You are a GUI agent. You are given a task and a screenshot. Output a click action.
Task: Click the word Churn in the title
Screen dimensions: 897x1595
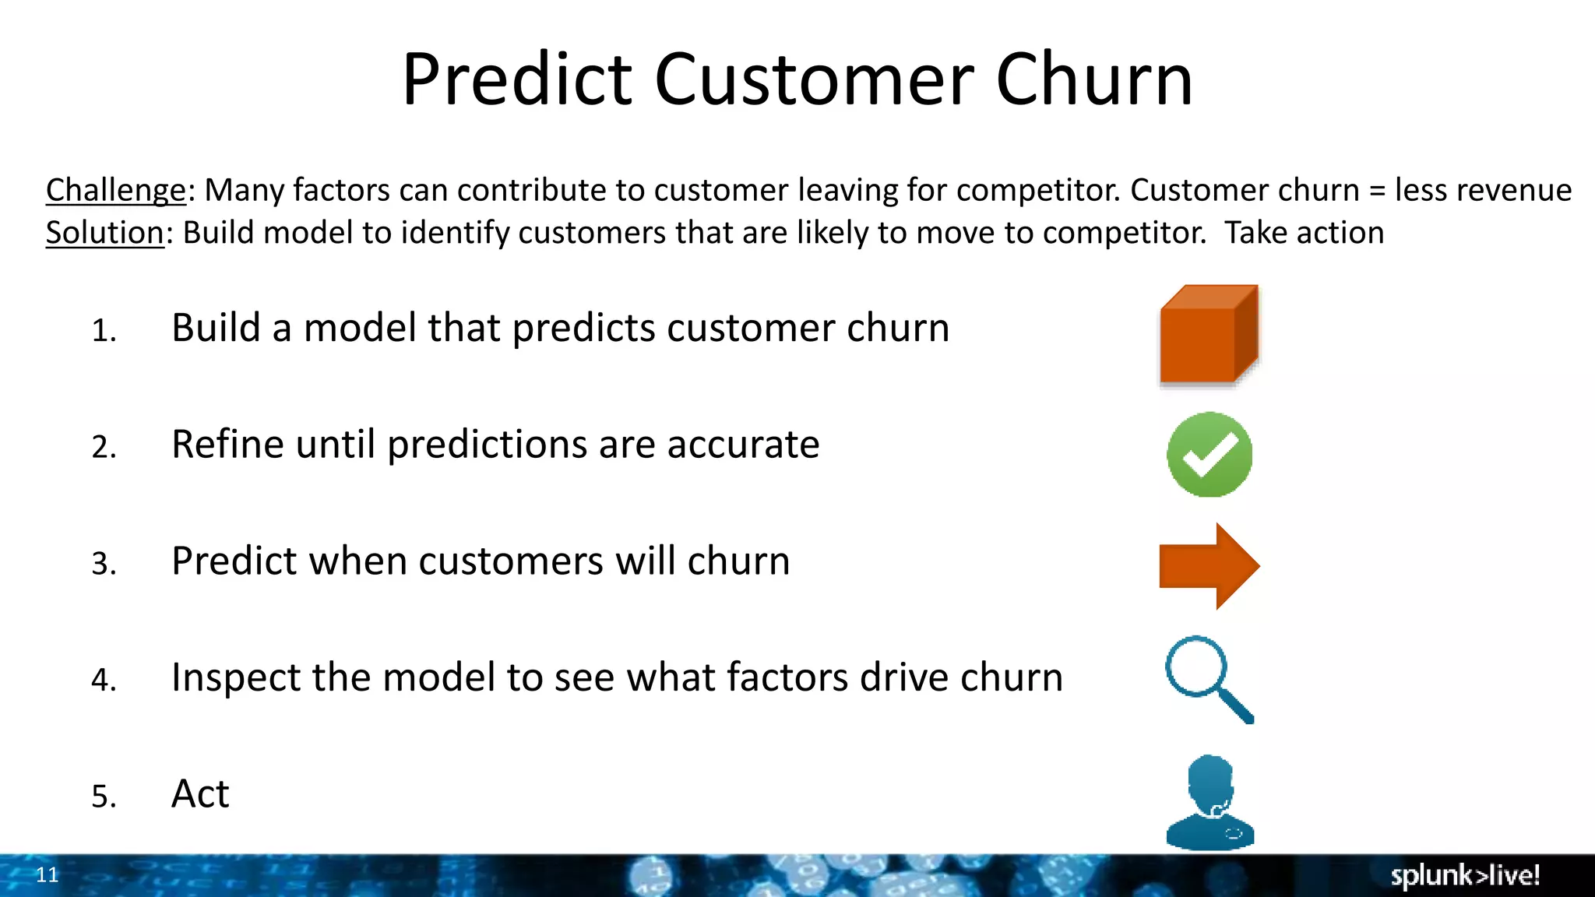1094,79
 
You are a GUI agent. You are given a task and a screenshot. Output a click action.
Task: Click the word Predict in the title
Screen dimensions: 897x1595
516,79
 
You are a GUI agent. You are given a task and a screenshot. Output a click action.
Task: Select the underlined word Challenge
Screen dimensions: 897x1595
115,191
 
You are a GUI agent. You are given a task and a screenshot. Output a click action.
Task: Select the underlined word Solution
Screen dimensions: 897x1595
104,233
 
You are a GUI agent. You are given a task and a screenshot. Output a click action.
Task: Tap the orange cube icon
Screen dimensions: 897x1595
1208,335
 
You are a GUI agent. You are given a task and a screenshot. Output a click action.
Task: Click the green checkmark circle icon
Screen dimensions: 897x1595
1209,455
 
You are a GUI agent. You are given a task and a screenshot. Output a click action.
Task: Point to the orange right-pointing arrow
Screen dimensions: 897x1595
1209,566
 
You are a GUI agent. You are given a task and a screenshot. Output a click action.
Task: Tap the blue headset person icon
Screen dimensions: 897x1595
1209,802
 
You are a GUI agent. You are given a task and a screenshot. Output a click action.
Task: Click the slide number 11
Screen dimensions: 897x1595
48,875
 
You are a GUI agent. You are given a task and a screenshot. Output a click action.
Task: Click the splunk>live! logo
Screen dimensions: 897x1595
1465,876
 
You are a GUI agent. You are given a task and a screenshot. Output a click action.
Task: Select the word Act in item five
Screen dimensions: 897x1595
200,794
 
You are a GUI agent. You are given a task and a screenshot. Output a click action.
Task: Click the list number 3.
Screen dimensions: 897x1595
104,564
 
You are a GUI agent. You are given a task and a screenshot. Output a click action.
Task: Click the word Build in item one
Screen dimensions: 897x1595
216,328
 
